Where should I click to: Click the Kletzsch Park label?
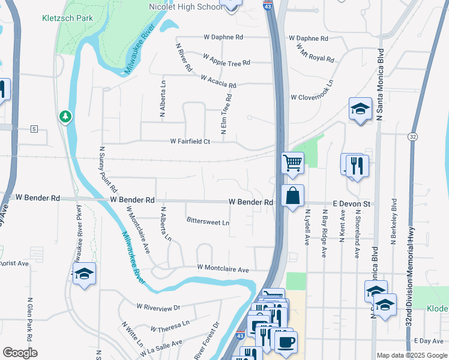point(67,18)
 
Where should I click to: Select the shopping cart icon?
point(292,161)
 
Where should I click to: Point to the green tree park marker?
point(65,115)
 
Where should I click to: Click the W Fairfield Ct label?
point(190,142)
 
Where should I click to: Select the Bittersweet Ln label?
point(208,222)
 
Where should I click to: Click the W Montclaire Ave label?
point(223,269)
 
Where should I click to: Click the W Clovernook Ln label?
point(312,97)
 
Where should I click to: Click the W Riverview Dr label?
point(158,307)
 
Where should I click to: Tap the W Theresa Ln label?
point(170,328)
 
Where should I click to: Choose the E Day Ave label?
point(427,341)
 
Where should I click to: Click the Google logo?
point(20,353)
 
